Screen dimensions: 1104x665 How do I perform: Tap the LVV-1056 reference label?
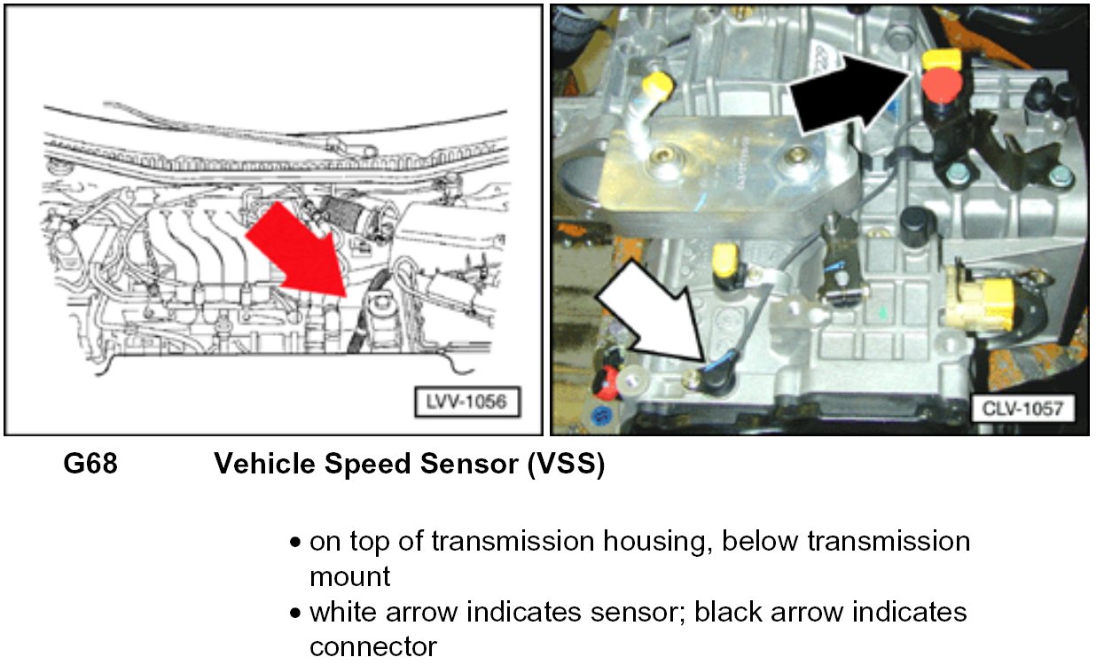pyautogui.click(x=466, y=402)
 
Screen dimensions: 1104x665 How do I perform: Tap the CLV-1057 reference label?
pyautogui.click(x=1023, y=409)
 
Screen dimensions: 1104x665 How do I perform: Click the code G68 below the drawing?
pyautogui.click(x=90, y=464)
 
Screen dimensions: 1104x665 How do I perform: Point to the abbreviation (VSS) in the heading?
pyautogui.click(x=566, y=465)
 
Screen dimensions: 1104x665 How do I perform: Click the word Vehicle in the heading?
pyautogui.click(x=264, y=464)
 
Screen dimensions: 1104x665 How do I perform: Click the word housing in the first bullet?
pyautogui.click(x=658, y=543)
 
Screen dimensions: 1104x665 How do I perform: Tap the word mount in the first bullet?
pyautogui.click(x=350, y=576)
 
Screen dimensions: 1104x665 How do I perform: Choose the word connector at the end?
pyautogui.click(x=373, y=647)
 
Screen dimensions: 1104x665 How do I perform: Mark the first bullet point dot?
pyautogui.click(x=295, y=543)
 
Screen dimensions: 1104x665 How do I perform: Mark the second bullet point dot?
pyautogui.click(x=295, y=614)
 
